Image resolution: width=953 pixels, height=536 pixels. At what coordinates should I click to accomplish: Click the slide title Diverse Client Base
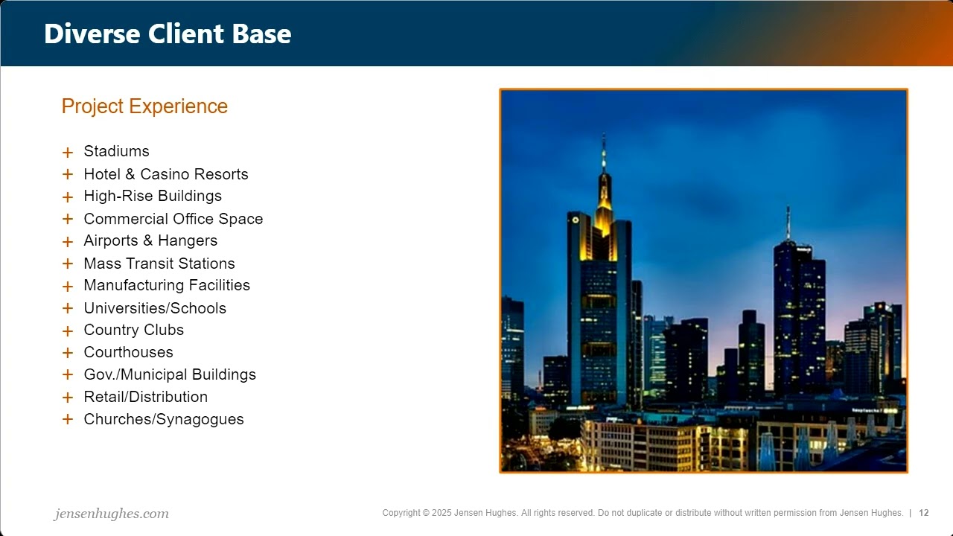coord(168,34)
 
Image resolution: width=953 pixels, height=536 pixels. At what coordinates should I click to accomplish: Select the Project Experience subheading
coord(144,106)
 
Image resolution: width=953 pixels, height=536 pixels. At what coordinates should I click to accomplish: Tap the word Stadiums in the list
coord(116,152)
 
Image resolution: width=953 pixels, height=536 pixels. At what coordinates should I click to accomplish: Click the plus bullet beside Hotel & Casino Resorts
coord(68,175)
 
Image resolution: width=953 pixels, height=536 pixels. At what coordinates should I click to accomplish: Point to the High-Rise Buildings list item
coord(153,197)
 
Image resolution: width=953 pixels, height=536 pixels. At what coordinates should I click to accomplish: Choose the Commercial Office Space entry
coord(173,219)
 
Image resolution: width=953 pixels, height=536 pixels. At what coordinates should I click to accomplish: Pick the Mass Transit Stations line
coord(159,264)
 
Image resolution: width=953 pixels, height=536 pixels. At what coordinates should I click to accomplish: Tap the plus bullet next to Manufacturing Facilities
coord(68,287)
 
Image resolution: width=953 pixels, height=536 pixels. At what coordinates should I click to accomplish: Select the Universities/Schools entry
coord(155,308)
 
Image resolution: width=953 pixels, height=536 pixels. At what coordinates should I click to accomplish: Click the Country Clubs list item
coord(133,331)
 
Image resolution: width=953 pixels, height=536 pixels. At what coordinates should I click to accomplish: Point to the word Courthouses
coord(128,353)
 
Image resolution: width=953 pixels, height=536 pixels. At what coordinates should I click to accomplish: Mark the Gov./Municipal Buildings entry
coord(170,375)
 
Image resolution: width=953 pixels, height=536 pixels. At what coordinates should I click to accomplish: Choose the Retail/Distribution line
coord(145,398)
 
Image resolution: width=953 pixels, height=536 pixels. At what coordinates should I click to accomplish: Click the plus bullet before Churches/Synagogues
coord(68,420)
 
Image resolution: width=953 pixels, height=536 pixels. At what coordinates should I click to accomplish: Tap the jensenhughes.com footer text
coord(112,514)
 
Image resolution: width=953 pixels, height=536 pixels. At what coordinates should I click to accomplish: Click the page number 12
coord(924,513)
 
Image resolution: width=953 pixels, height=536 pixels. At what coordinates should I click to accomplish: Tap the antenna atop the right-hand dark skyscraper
coord(788,222)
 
